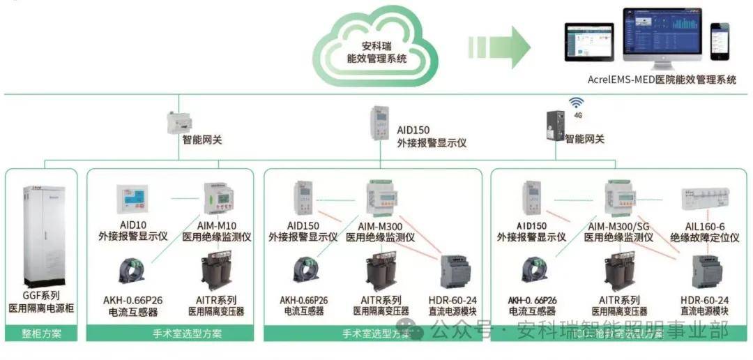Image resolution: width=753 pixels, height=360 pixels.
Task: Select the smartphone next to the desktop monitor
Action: pyautogui.click(x=719, y=41)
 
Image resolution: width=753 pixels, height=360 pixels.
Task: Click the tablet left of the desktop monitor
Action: pyautogui.click(x=584, y=45)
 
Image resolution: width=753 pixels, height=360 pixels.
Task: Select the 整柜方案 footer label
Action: pyautogui.click(x=44, y=333)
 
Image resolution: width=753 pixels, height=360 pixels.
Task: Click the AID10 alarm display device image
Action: pyautogui.click(x=132, y=199)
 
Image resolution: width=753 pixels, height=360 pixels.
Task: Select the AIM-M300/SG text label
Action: pyautogui.click(x=618, y=226)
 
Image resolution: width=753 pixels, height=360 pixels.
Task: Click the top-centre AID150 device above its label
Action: pyautogui.click(x=380, y=123)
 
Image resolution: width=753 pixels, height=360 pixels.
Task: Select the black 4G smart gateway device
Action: pyautogui.click(x=554, y=126)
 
